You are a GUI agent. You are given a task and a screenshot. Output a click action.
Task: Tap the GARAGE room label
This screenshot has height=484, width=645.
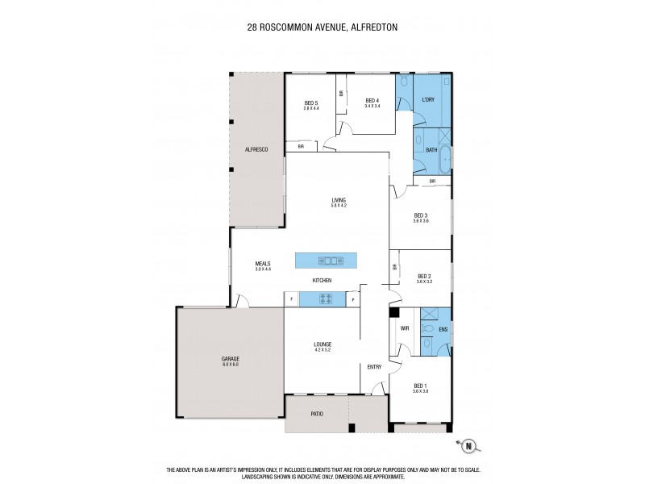[231, 358]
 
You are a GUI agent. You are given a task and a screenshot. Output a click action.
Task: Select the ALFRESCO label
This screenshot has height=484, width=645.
[256, 151]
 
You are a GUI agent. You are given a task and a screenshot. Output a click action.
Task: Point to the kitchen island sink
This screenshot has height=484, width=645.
[331, 261]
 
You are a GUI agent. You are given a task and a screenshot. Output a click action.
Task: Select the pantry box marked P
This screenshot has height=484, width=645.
[353, 299]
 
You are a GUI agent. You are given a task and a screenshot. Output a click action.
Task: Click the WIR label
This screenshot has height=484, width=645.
[405, 329]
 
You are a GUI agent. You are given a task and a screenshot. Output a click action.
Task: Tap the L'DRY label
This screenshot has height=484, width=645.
[428, 101]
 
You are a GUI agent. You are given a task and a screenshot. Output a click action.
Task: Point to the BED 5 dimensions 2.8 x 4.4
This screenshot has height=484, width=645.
[311, 107]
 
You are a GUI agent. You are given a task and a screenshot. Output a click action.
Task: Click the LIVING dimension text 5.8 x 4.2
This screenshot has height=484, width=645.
[338, 206]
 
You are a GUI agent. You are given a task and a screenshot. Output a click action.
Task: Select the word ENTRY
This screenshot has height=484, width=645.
[374, 367]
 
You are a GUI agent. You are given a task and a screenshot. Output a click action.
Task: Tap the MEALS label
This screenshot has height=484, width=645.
[262, 263]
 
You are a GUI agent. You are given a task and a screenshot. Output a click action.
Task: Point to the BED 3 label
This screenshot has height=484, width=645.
[421, 215]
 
